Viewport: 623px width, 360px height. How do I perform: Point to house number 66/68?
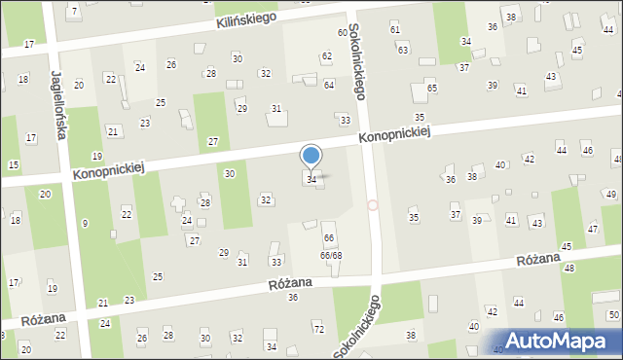point(331,255)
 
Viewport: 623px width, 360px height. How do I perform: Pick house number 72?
point(318,330)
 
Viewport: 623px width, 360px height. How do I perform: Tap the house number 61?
point(395,29)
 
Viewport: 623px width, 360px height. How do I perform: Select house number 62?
point(327,56)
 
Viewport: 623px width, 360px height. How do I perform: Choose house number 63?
point(403,49)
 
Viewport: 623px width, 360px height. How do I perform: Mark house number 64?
point(329,85)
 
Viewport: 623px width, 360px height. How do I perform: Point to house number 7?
point(75,11)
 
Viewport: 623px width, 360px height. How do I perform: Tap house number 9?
point(85,224)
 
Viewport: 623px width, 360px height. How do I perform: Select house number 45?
point(567,247)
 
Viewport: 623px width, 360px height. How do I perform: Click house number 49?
point(610,195)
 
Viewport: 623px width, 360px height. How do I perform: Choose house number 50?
point(612,314)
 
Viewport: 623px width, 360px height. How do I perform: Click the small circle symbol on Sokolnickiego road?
point(373,205)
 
